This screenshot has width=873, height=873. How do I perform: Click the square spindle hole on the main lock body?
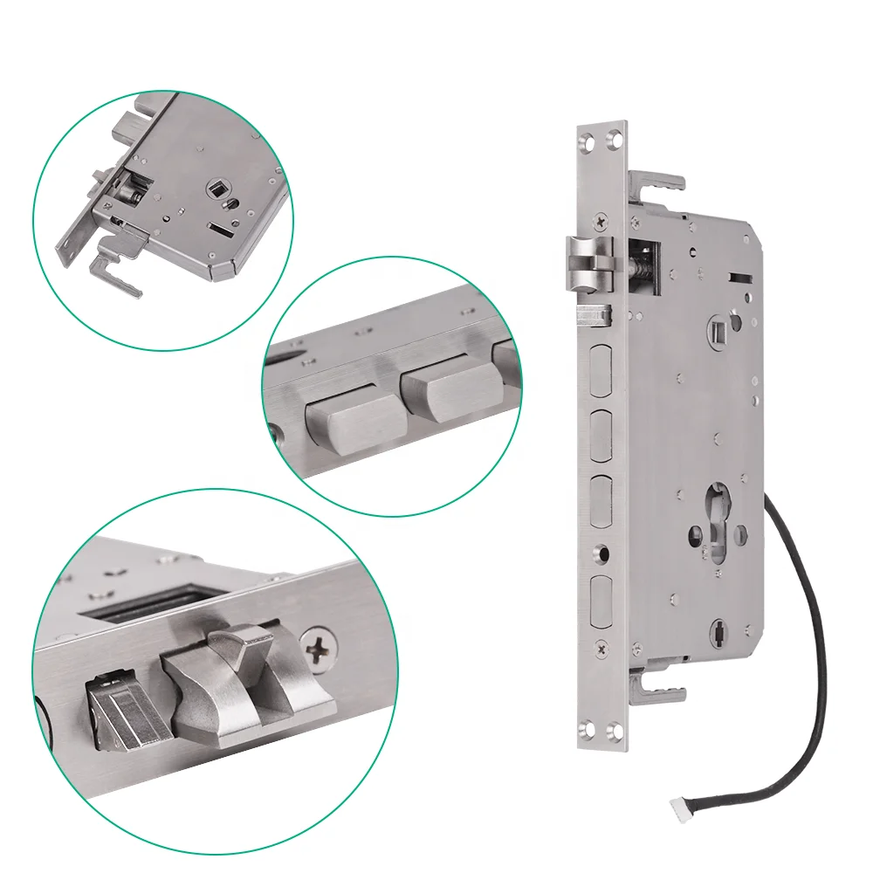[718, 332]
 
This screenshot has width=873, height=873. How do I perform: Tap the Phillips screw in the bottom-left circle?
[318, 650]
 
